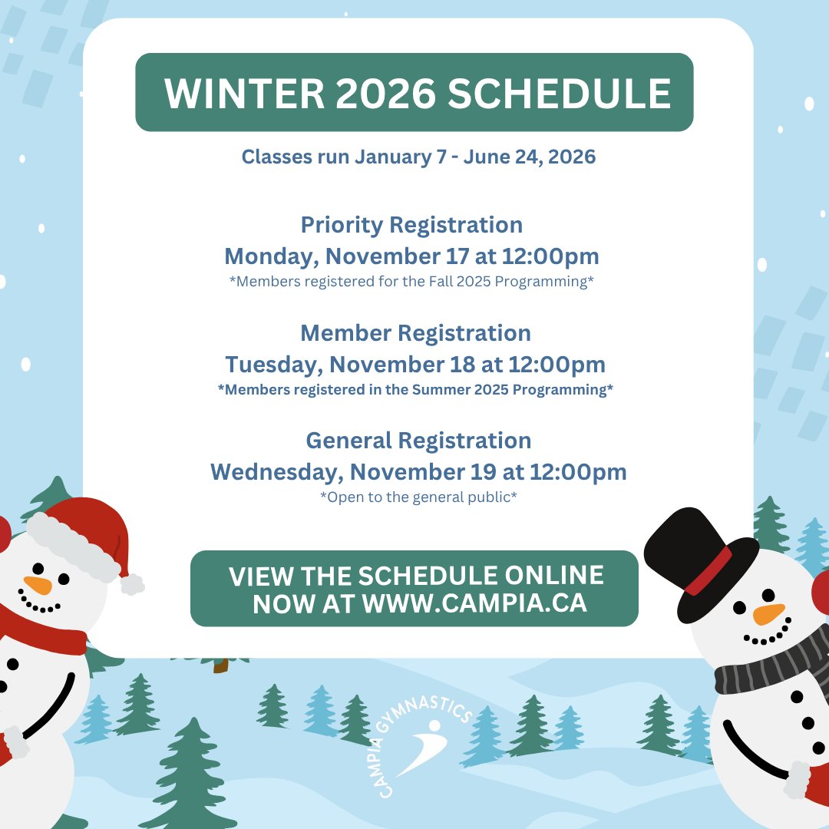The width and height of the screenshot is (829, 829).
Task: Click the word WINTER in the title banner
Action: coord(244,94)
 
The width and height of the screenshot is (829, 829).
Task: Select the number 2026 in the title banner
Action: coord(386,94)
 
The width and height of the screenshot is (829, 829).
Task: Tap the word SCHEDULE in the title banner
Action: coord(560,94)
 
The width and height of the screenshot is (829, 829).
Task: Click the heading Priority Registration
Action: coord(412,225)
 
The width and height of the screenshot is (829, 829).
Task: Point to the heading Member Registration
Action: coord(415,333)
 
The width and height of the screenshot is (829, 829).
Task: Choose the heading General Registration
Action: coord(419,441)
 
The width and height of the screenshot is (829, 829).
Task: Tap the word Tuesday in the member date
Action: coord(274,365)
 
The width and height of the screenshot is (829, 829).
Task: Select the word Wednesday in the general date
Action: coord(277,473)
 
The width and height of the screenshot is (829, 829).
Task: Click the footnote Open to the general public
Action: coord(419,497)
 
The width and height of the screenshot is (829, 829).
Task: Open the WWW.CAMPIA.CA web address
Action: coord(475,603)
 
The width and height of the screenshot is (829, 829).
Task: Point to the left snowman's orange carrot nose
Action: coord(38,585)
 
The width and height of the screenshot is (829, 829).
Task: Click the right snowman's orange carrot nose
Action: coord(768,614)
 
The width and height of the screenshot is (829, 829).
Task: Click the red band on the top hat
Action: coord(708,572)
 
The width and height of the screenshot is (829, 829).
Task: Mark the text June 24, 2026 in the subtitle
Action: coord(530,157)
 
